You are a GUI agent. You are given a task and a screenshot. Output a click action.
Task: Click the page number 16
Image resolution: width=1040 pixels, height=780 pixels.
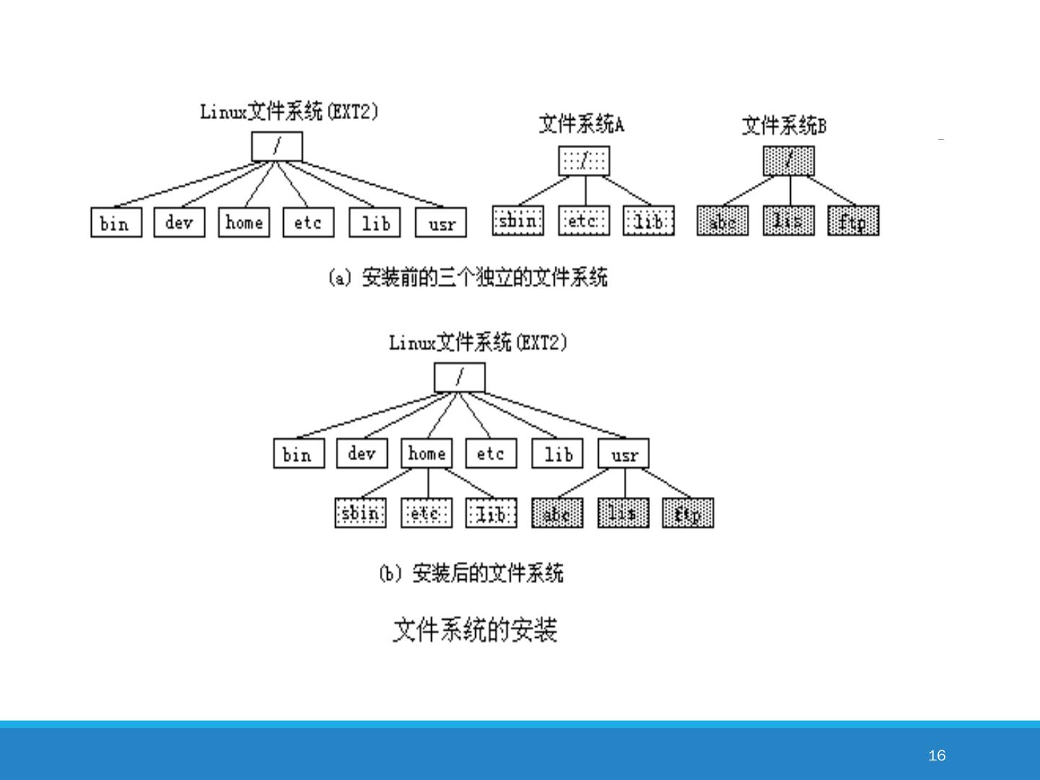(x=937, y=755)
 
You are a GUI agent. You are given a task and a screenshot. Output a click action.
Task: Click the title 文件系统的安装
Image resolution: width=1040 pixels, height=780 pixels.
(x=474, y=630)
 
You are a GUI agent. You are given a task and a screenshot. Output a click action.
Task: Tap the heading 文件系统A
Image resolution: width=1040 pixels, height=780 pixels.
(x=581, y=124)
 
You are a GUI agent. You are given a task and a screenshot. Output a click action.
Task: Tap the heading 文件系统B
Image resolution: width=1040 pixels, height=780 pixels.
(x=784, y=126)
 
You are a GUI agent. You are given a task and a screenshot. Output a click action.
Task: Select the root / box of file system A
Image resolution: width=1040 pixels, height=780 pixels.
(x=584, y=160)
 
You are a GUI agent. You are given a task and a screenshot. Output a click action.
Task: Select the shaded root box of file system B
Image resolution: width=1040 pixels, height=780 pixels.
(x=789, y=160)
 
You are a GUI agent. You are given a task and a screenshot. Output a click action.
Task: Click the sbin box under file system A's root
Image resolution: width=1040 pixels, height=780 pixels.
(x=518, y=220)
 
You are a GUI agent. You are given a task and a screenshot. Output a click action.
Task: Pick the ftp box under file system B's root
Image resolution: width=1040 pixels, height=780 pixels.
(x=853, y=221)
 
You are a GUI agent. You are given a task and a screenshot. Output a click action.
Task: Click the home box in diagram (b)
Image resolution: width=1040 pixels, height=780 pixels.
(x=426, y=454)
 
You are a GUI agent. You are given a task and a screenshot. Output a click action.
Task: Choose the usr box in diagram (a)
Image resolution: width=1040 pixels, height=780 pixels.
(x=441, y=222)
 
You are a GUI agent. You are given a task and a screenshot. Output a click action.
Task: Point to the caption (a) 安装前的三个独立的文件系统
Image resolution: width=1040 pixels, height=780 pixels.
(x=468, y=277)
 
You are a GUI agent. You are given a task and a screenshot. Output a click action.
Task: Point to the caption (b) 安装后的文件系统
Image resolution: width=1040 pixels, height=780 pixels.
(x=471, y=573)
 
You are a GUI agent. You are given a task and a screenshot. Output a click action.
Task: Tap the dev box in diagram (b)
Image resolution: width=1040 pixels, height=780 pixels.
(x=362, y=454)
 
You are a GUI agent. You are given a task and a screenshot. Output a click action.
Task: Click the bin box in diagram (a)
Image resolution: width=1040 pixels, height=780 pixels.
(x=116, y=222)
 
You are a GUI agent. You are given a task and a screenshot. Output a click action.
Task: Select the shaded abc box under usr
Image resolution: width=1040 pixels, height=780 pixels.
(x=557, y=513)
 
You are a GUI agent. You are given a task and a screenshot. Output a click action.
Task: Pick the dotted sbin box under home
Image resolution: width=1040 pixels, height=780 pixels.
(x=360, y=513)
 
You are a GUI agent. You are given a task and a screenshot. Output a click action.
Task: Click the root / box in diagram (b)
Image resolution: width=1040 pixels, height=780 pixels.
(x=459, y=377)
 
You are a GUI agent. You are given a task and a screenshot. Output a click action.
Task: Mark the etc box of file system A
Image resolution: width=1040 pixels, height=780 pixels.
(x=584, y=220)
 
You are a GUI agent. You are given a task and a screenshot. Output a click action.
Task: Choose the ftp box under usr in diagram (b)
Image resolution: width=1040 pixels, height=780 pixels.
(x=688, y=513)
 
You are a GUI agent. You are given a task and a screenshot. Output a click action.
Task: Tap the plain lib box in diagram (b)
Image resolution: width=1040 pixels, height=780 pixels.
(x=558, y=454)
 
